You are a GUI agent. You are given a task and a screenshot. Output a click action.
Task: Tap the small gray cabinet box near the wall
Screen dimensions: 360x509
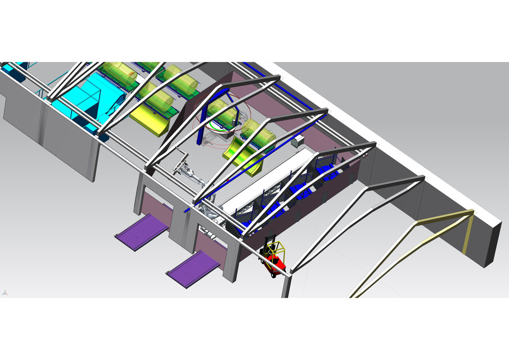pos(296,141)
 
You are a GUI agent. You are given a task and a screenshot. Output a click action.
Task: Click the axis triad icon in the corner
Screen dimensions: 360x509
pos(5,293)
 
